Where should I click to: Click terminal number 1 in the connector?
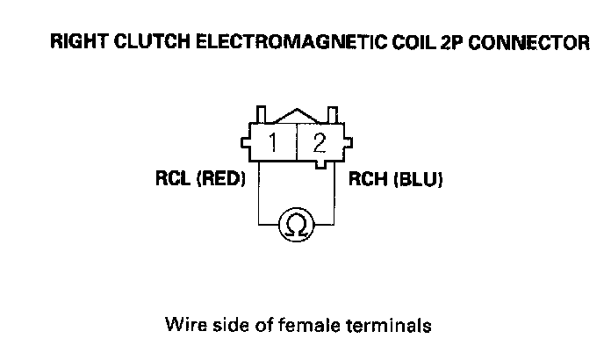275,141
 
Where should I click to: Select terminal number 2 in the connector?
320,141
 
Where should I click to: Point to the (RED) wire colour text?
220,181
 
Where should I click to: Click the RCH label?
368,181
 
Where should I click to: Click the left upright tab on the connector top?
261,114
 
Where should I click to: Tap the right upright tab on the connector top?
334,114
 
